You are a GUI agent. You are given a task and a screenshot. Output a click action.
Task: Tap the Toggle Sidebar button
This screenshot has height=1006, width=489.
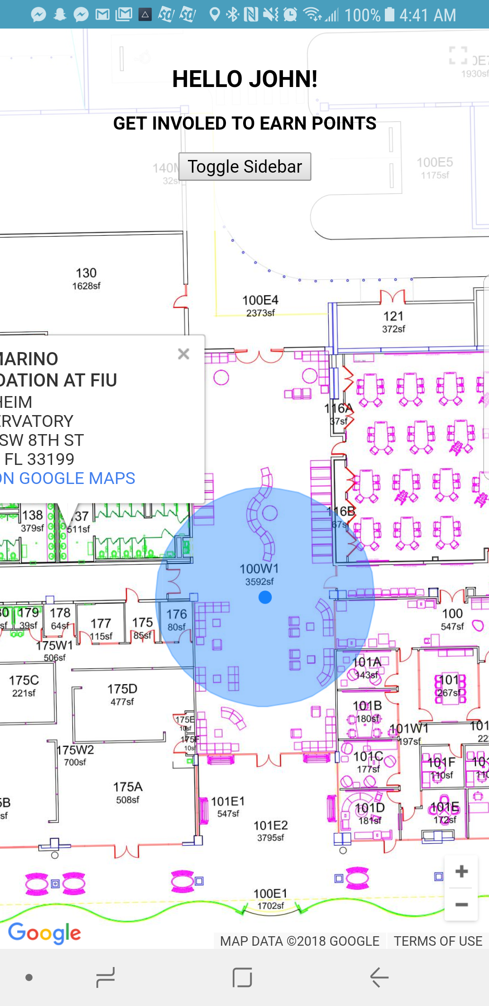pos(244,167)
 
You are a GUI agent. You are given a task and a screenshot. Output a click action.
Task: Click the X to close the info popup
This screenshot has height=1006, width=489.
pos(183,354)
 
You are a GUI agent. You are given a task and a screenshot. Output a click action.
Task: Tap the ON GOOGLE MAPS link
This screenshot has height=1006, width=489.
pos(68,478)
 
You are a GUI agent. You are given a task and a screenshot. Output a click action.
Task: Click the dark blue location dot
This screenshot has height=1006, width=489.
pos(265,597)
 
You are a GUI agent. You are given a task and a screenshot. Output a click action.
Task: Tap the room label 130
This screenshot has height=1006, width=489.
pos(86,273)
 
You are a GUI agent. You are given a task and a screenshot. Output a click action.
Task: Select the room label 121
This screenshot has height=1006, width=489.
pos(393,316)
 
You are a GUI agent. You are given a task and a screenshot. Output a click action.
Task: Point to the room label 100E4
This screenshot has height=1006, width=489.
pos(260,300)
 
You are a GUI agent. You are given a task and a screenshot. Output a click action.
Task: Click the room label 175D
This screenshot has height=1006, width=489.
pos(122,689)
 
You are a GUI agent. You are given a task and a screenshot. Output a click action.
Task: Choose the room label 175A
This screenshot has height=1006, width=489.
pos(128,787)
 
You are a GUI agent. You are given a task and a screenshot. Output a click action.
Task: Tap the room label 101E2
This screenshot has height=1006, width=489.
pos(271,826)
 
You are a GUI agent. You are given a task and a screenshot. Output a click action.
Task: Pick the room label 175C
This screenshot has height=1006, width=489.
pos(24,681)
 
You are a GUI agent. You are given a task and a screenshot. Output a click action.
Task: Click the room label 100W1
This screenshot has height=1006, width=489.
pos(259,569)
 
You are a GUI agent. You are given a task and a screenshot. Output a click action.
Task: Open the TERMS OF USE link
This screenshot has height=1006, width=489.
pos(438,941)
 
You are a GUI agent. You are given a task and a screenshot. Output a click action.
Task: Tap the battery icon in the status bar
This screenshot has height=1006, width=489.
pos(389,15)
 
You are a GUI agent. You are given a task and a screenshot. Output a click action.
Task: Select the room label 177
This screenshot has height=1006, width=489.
pos(101,624)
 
